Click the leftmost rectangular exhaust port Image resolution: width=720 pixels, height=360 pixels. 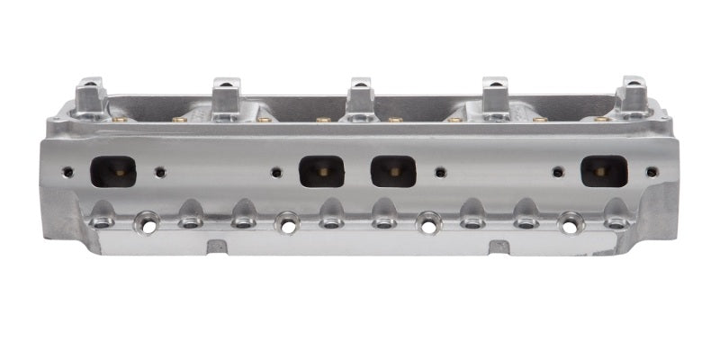[x=113, y=171]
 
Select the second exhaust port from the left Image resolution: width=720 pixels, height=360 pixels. [x=321, y=171]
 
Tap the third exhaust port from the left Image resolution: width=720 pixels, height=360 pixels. [x=393, y=171]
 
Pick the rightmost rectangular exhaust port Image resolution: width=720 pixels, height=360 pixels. [x=604, y=171]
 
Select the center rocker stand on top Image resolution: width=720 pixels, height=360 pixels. [x=360, y=95]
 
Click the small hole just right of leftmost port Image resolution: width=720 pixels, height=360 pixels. [x=160, y=171]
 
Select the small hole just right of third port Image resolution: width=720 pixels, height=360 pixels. [x=439, y=171]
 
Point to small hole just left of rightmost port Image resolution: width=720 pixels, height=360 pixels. [x=558, y=171]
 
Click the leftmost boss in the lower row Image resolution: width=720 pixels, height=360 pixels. [x=101, y=219]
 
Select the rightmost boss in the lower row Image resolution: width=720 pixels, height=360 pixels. [x=616, y=219]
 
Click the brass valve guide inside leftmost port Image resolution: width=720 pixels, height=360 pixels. [x=117, y=173]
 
